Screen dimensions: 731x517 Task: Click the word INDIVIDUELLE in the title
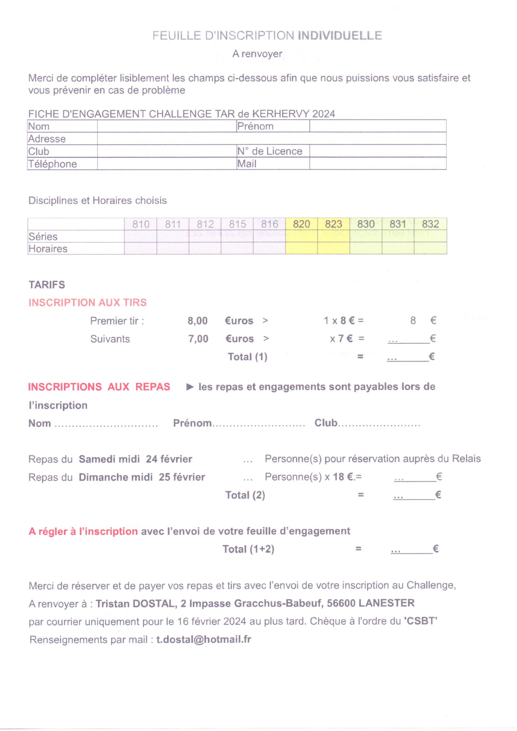coord(340,35)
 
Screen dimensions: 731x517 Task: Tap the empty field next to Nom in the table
coord(167,126)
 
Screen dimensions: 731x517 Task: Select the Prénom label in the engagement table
coord(255,126)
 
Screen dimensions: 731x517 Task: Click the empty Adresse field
coord(271,139)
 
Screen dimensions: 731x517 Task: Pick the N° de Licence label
coord(270,151)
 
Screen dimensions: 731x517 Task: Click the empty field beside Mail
coord(378,164)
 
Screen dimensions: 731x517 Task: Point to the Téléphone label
coord(53,164)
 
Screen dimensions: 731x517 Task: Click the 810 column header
coord(141,224)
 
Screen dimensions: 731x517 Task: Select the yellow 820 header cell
coord(301,224)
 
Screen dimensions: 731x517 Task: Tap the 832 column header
coord(430,224)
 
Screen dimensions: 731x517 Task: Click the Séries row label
coord(43,237)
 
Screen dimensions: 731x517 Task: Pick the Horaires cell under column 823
coord(333,248)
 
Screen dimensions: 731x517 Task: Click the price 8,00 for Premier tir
coord(197,320)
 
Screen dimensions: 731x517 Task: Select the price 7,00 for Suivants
coord(198,339)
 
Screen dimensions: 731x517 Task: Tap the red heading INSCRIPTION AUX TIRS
coord(88,302)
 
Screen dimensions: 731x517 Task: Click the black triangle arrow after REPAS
coord(190,387)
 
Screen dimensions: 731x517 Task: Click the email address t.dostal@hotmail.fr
coord(204,640)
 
